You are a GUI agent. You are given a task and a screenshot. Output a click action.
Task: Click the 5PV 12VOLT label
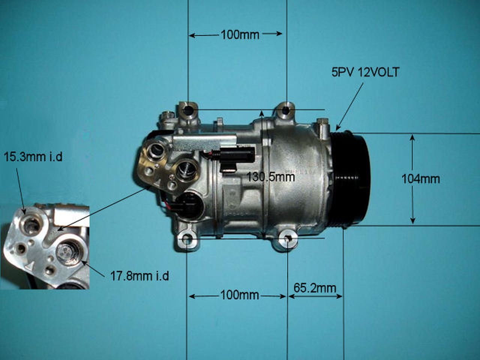click(365, 72)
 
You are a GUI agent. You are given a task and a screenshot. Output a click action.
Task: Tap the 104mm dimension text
click(420, 179)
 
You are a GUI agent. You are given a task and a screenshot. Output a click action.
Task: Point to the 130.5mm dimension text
click(270, 176)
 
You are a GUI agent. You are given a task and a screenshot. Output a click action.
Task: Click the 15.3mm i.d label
click(33, 156)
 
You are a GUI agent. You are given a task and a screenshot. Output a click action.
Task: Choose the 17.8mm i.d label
click(139, 276)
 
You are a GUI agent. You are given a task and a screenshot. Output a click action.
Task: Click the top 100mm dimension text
click(240, 34)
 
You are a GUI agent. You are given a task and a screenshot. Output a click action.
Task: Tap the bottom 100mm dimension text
click(240, 295)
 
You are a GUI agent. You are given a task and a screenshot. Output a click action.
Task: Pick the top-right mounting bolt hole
click(286, 110)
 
